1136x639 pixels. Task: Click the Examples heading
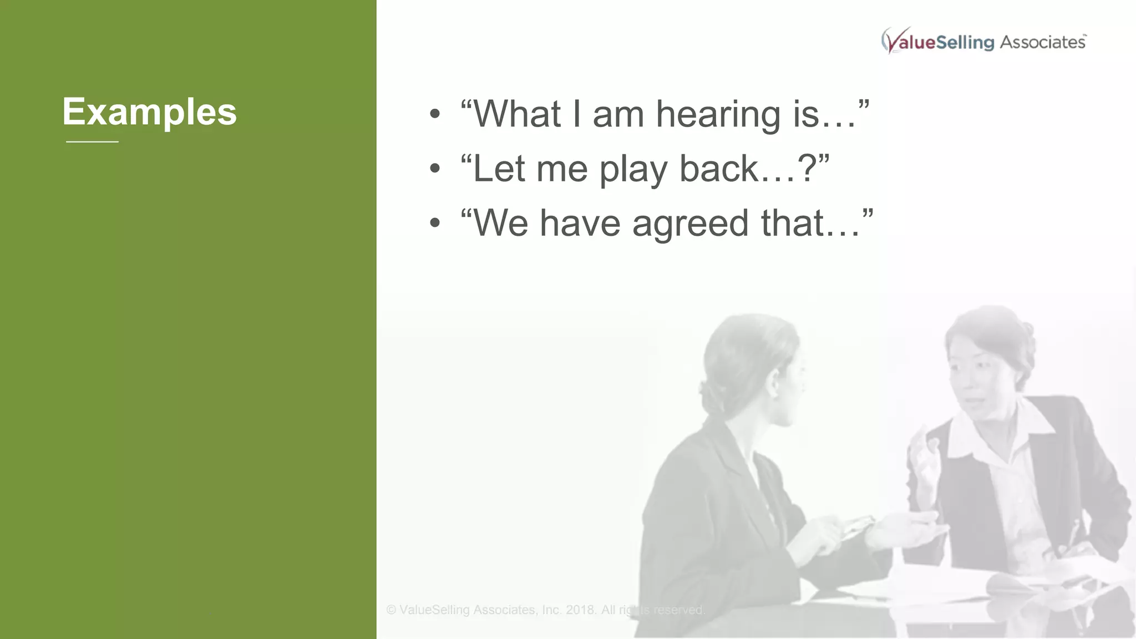pyautogui.click(x=149, y=112)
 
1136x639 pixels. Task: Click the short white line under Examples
pyautogui.click(x=92, y=142)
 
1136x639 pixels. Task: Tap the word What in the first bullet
pyautogui.click(x=517, y=114)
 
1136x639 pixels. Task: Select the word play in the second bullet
pyautogui.click(x=633, y=169)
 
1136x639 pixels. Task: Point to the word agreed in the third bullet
pyautogui.click(x=690, y=224)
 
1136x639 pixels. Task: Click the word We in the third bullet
pyautogui.click(x=500, y=224)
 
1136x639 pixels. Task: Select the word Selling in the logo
pyautogui.click(x=965, y=43)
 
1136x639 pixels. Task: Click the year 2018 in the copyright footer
pyautogui.click(x=581, y=610)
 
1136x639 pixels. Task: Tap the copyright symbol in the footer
pyautogui.click(x=391, y=610)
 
